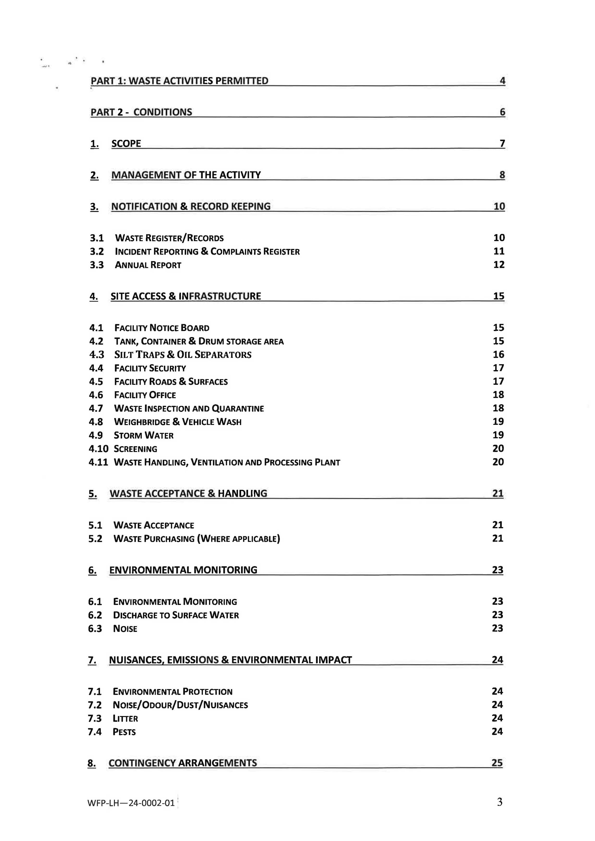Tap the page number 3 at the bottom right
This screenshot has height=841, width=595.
[499, 802]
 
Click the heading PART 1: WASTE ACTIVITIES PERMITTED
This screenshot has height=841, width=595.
[179, 81]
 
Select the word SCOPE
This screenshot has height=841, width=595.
[126, 144]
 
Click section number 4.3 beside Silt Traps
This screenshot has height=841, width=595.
[97, 355]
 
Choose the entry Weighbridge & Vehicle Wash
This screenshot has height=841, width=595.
[178, 422]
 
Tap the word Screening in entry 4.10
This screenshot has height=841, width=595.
[136, 449]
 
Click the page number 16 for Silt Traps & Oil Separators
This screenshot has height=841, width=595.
[498, 354]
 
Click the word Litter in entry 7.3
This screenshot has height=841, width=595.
[125, 718]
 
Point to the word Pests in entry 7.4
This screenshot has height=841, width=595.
[124, 732]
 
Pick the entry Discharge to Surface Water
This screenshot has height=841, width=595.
[176, 615]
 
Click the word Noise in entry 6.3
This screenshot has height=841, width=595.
[125, 628]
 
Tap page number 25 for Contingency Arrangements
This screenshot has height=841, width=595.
[497, 762]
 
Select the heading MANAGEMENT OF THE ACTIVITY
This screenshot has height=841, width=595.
[186, 175]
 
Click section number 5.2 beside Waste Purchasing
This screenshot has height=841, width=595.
[95, 539]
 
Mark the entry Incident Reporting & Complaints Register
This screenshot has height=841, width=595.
[207, 251]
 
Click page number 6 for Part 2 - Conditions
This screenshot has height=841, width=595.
[502, 112]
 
